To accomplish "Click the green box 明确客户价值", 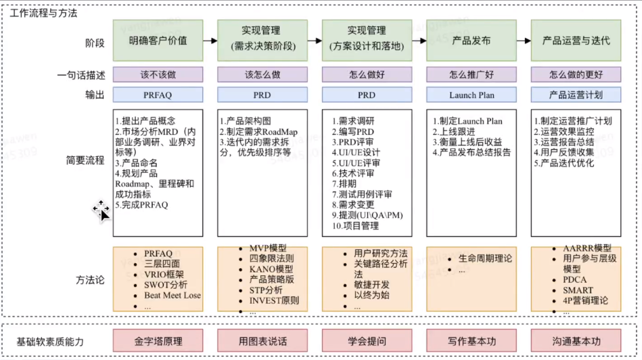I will coord(158,41).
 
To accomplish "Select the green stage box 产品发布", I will coord(472,41).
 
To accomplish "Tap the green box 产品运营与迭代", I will coord(576,41).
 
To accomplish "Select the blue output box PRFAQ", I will coord(158,95).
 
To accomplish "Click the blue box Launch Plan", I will coord(472,95).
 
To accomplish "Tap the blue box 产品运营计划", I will coord(576,95).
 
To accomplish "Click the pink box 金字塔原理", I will coord(158,341).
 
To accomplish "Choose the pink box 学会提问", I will coord(366,341).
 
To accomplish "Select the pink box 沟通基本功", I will coord(576,341).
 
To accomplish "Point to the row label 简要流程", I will coord(85,161).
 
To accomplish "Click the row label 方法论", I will coord(91,279).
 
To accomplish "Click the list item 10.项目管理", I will coord(359,225).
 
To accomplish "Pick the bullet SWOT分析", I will coord(166,285).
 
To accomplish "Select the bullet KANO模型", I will coord(271,269).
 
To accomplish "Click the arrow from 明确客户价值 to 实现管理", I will coord(210,41).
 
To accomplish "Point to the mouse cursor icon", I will coord(101,210).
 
